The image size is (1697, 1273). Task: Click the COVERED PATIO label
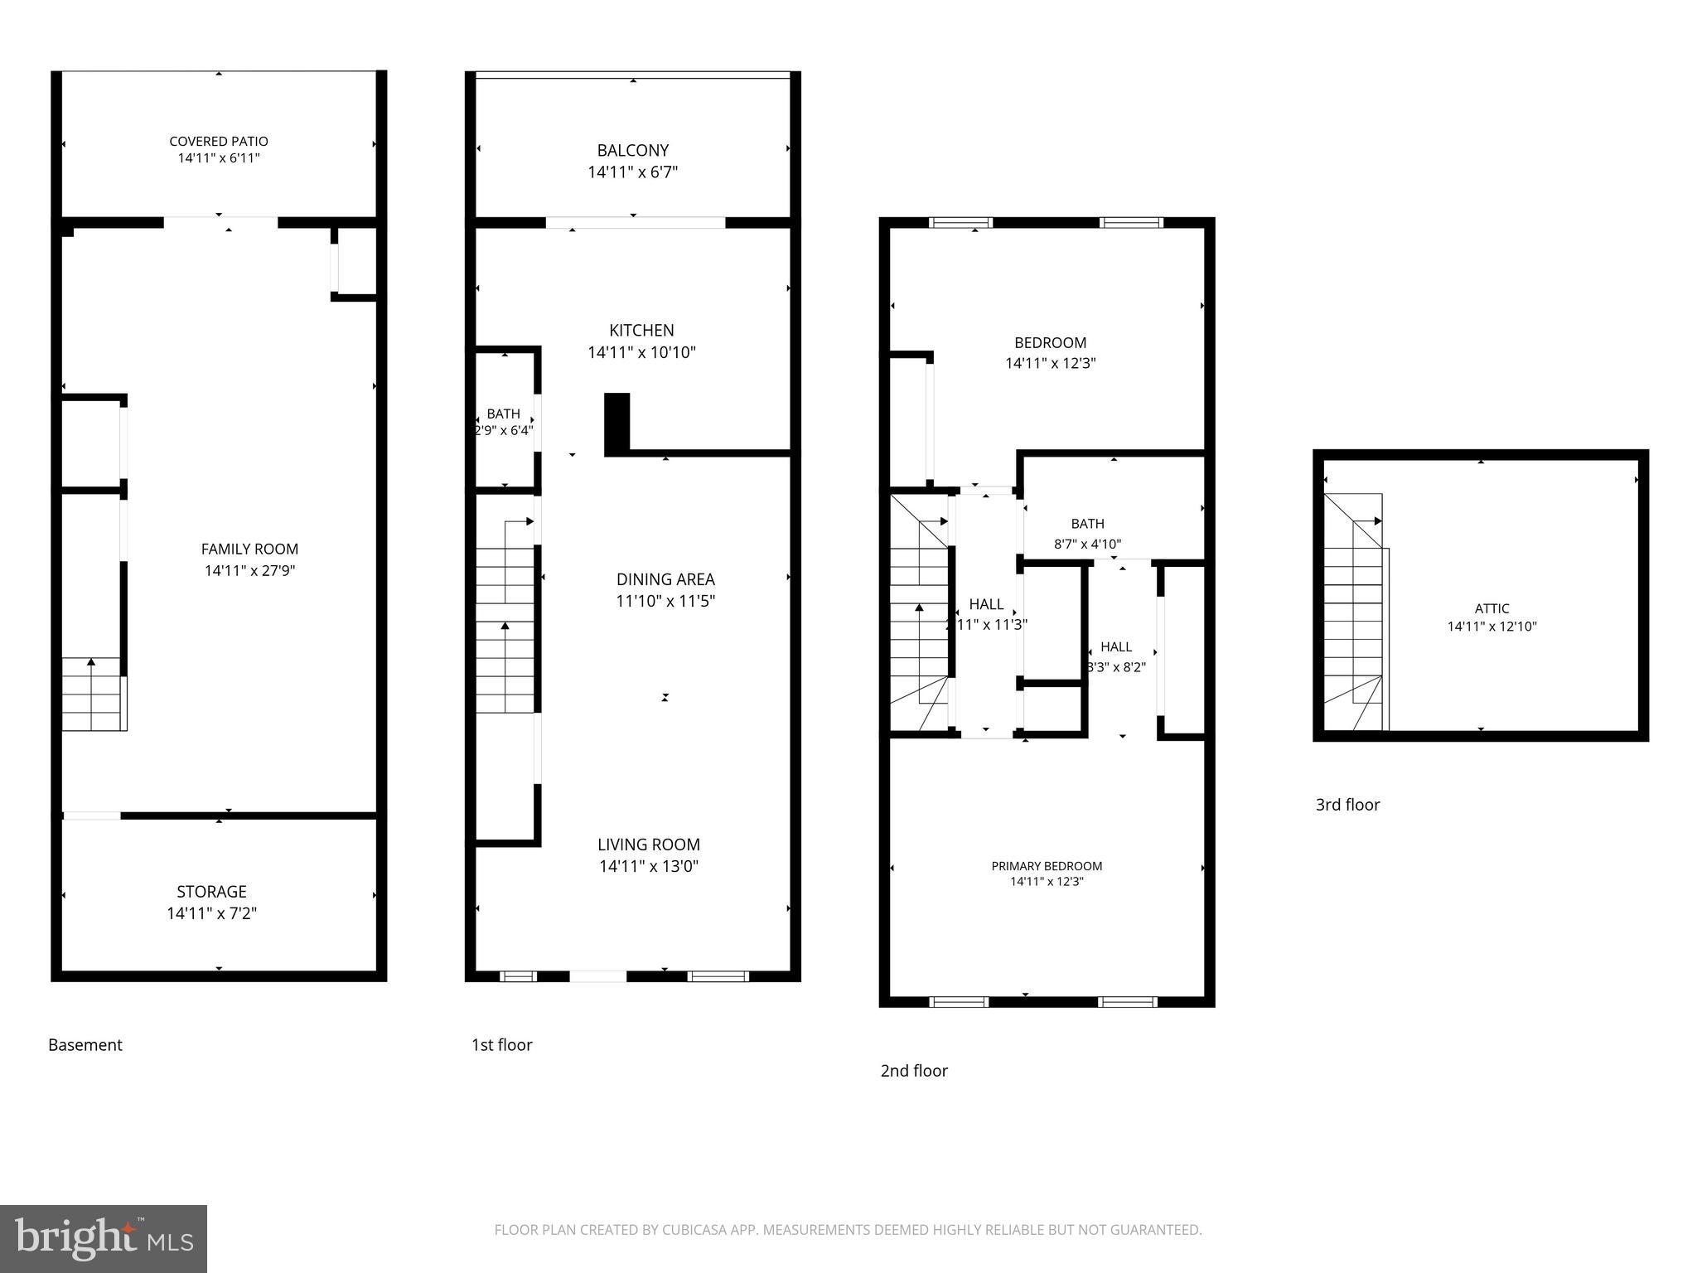click(219, 142)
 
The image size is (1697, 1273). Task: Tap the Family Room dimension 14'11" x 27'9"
click(249, 570)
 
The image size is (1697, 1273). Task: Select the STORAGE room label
click(211, 892)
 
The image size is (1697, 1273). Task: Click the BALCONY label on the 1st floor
click(632, 151)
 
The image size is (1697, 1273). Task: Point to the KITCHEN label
click(641, 330)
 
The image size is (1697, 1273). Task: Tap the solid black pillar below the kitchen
click(616, 423)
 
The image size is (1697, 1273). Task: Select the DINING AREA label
click(665, 579)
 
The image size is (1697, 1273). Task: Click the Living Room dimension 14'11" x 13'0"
click(649, 866)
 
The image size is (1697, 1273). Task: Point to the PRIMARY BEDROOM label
click(1047, 866)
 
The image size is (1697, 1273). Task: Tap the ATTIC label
click(1492, 608)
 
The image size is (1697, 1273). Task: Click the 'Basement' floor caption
click(85, 1045)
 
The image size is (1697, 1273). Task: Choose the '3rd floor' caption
click(1347, 805)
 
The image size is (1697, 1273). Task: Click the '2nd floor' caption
click(914, 1071)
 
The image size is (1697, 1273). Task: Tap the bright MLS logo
click(104, 1238)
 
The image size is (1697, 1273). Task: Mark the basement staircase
click(94, 695)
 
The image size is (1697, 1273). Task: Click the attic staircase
click(1353, 613)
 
